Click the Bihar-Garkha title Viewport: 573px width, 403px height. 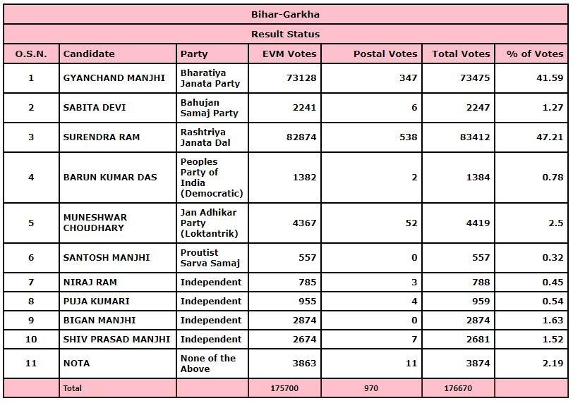point(286,14)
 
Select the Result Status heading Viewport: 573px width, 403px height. point(286,34)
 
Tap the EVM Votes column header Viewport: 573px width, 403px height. point(289,54)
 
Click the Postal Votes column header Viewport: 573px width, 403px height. point(385,54)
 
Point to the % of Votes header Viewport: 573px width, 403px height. point(534,54)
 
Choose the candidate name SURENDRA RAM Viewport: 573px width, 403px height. point(92,137)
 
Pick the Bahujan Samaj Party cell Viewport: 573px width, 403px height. point(210,107)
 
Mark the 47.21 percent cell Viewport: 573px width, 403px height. point(549,137)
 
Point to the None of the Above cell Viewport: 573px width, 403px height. point(208,363)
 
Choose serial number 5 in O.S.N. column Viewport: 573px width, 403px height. point(31,223)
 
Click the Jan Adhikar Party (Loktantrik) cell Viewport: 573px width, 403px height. point(210,223)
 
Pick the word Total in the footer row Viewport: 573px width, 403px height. point(73,388)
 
